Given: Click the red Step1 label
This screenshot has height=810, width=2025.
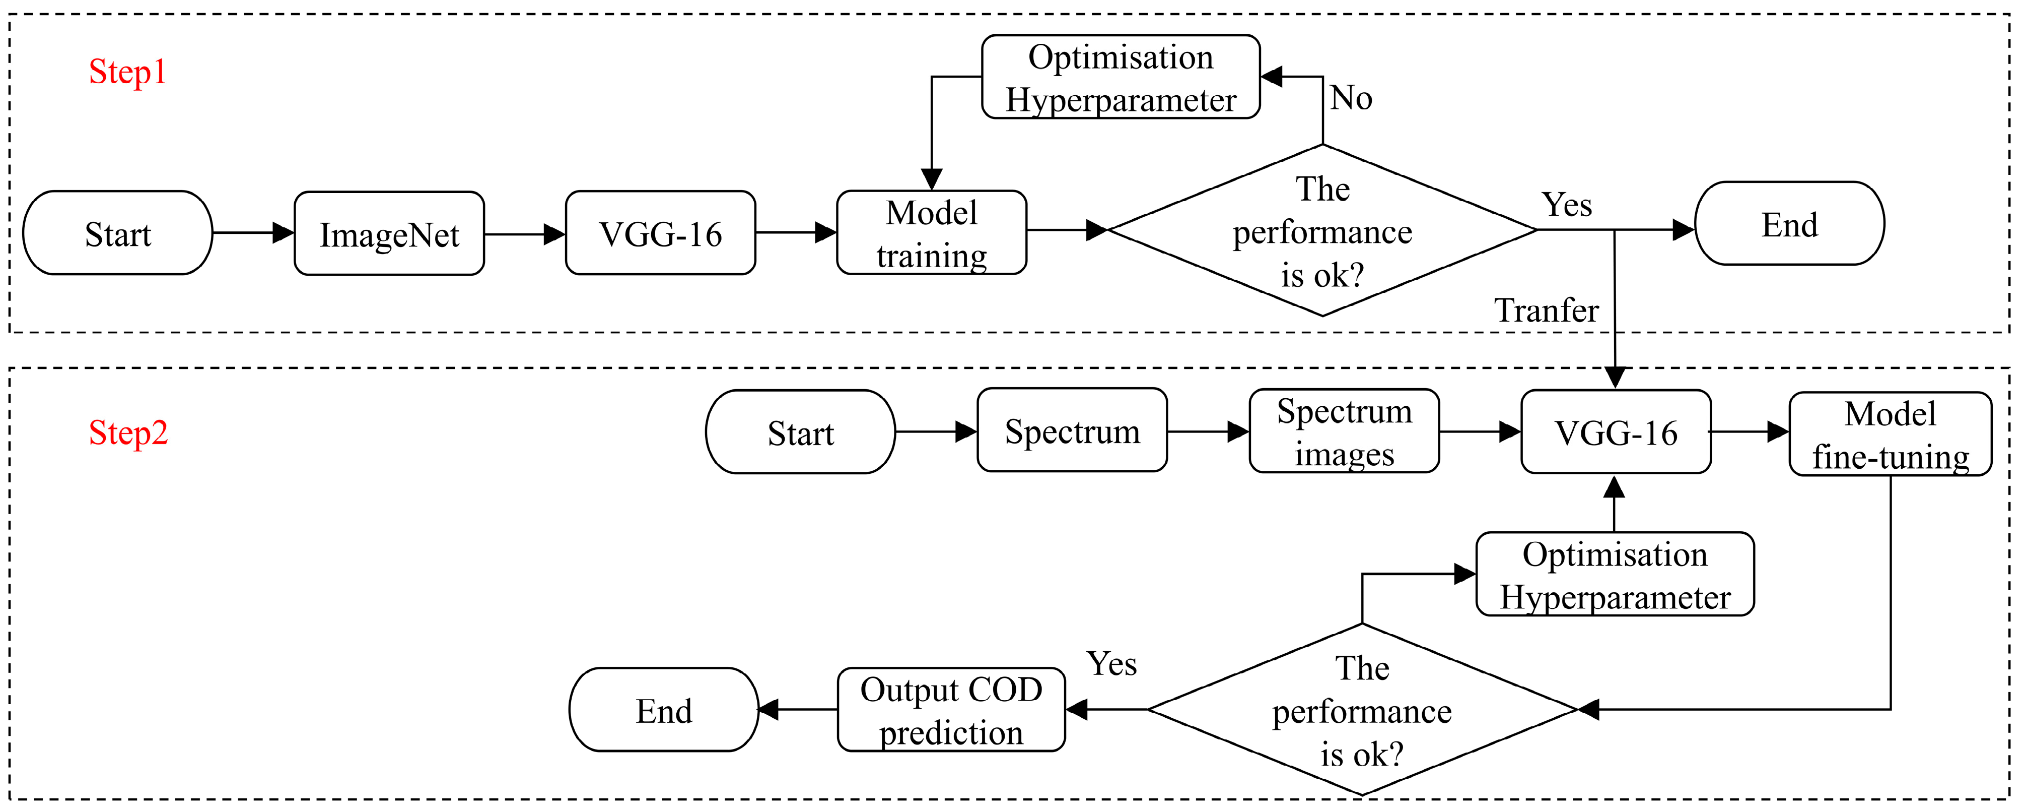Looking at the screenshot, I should tap(127, 73).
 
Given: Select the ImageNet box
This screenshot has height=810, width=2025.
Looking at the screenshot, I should tap(389, 233).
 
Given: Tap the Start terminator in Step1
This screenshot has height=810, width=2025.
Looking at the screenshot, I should tap(118, 233).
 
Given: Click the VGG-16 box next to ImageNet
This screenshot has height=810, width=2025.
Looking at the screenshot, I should tap(660, 233).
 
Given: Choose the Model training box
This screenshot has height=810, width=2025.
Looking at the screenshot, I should tap(932, 233).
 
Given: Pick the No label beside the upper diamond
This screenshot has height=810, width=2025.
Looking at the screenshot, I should tap(1351, 98).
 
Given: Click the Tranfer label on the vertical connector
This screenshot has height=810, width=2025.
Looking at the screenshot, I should tap(1546, 310).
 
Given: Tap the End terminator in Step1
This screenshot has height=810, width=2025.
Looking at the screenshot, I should tap(1789, 224).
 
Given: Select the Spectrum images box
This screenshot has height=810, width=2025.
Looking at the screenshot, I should tap(1344, 432).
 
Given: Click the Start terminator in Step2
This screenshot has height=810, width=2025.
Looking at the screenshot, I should tap(800, 432).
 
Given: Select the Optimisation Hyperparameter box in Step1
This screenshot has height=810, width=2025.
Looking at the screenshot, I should tap(1121, 77).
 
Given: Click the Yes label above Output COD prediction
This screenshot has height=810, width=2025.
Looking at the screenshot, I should tap(1111, 664).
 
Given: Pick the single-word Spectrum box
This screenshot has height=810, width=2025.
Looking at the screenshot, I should tap(1072, 431).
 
